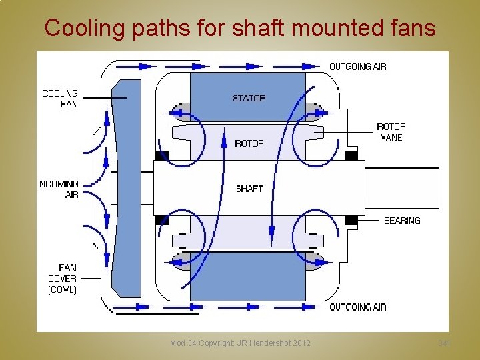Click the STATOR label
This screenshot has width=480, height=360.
point(249,98)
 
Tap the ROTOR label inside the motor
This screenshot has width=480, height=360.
point(249,143)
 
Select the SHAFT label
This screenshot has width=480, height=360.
point(249,189)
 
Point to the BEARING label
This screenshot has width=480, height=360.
point(402,220)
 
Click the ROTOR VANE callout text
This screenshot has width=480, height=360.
point(391,132)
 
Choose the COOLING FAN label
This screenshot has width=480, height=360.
point(60,99)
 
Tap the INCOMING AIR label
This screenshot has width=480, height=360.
point(59,189)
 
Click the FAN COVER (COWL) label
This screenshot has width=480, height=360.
point(63,279)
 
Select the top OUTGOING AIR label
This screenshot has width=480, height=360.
point(358,67)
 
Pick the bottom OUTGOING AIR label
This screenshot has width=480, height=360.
point(358,307)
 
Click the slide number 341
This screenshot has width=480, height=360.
point(444,343)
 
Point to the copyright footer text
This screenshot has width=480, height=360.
point(240,343)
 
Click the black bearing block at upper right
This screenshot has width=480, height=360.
point(351,156)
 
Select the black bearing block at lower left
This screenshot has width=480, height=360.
point(161,219)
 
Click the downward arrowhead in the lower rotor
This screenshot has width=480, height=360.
point(272,233)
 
